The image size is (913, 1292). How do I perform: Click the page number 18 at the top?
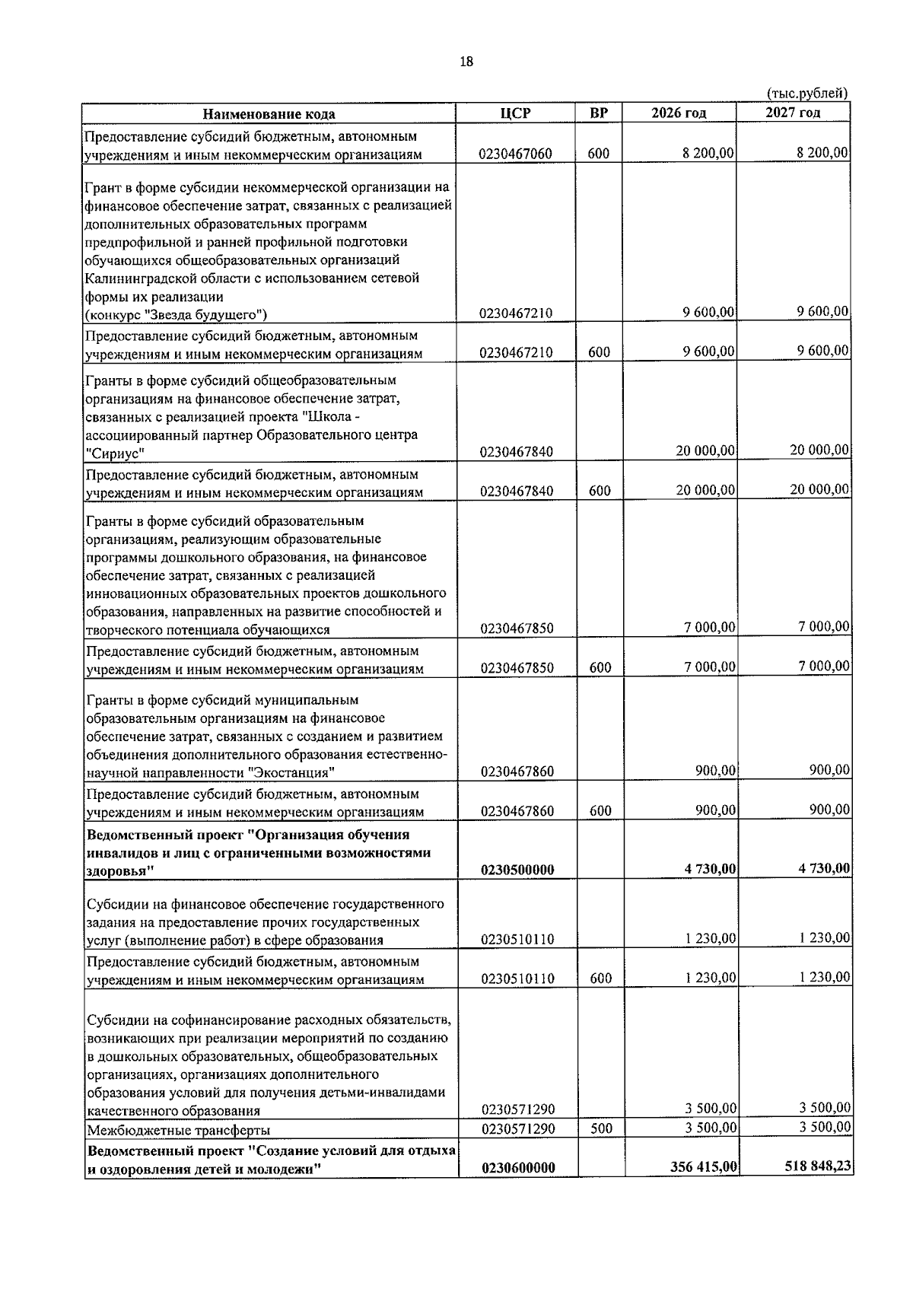click(466, 62)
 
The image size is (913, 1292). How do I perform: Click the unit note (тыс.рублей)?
click(806, 94)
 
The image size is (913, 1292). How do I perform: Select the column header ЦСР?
click(515, 113)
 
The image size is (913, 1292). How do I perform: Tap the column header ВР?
click(599, 113)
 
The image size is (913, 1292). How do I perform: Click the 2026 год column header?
click(679, 113)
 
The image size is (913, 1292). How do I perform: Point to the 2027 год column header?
click(793, 113)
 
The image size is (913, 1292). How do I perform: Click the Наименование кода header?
click(269, 114)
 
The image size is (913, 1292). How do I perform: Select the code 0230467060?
click(515, 154)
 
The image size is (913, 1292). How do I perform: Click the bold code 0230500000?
click(517, 870)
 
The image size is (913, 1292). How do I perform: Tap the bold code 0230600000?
click(517, 1189)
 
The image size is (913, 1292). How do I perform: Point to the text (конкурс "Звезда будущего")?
click(176, 314)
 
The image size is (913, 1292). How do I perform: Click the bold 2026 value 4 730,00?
click(709, 869)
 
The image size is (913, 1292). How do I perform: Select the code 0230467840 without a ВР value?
click(517, 452)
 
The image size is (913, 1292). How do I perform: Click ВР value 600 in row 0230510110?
click(601, 979)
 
